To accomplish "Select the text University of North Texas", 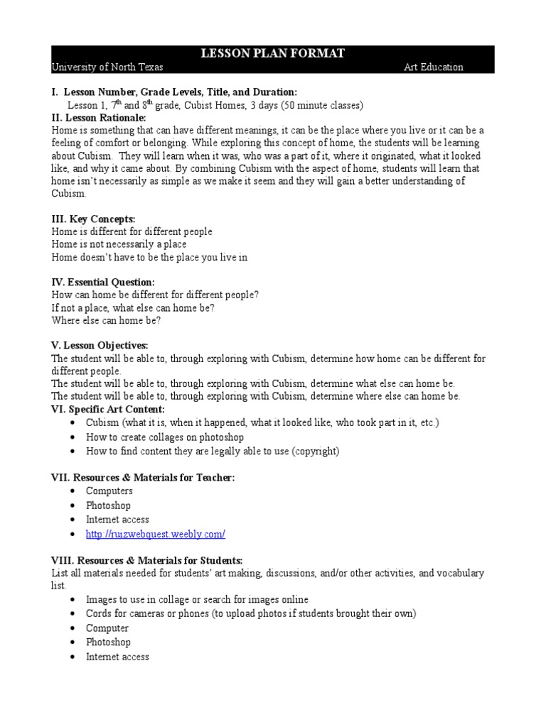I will click(107, 67).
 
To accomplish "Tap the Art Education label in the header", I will click(433, 67).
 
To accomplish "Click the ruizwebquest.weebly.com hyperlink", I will click(156, 533).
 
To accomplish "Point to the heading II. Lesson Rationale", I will click(97, 118).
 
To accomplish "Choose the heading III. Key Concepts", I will click(93, 219).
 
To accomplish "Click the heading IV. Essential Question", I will click(103, 282).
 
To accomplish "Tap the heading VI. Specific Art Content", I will click(108, 409).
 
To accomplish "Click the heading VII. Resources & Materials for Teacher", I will click(143, 478).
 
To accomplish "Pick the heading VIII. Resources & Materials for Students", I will click(147, 559).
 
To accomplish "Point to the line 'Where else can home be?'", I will click(107, 320).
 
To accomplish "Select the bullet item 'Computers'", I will click(109, 491).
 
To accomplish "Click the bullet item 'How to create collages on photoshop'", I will click(165, 437).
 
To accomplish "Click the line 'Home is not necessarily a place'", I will click(119, 244).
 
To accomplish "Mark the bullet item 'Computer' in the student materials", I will click(107, 628).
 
